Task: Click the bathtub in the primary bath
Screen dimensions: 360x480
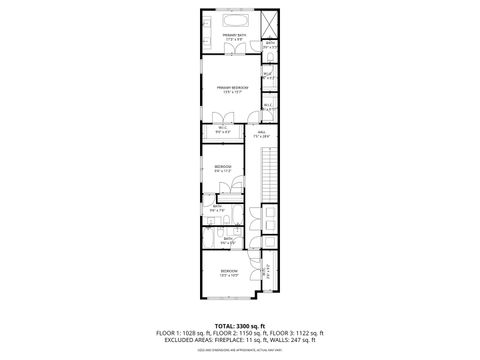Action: point(235,20)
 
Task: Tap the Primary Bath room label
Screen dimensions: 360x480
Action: point(234,38)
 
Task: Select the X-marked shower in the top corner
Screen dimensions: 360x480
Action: point(270,22)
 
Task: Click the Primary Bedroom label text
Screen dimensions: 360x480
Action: point(232,88)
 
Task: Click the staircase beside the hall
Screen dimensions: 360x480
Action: point(267,170)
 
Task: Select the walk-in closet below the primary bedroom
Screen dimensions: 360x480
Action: point(222,130)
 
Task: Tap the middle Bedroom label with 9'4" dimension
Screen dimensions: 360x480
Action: point(222,167)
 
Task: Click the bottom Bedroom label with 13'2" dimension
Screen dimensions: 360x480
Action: point(229,272)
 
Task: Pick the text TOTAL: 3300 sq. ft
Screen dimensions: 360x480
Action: point(239,326)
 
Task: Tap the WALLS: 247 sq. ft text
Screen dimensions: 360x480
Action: point(303,340)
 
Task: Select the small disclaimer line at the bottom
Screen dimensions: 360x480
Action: point(239,348)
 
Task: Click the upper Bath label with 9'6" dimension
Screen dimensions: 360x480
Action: point(217,209)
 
